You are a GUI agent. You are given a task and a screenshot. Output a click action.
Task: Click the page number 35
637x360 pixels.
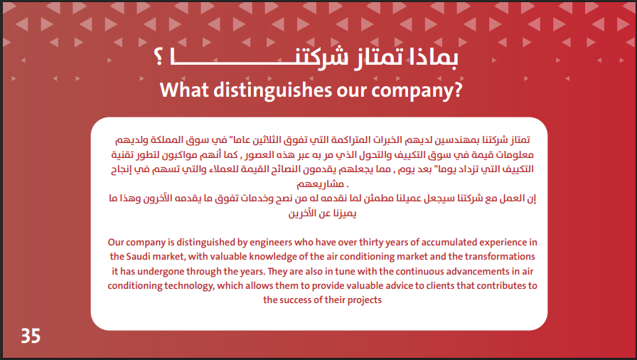pyautogui.click(x=31, y=336)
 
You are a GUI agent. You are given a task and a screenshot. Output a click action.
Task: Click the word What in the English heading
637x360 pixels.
pyautogui.click(x=184, y=90)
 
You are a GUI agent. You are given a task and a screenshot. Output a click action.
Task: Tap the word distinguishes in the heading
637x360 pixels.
pyautogui.click(x=273, y=90)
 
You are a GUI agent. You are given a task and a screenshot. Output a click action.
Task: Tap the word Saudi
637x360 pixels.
pyautogui.click(x=139, y=257)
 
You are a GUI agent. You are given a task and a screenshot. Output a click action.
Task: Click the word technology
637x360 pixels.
pyautogui.click(x=189, y=286)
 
